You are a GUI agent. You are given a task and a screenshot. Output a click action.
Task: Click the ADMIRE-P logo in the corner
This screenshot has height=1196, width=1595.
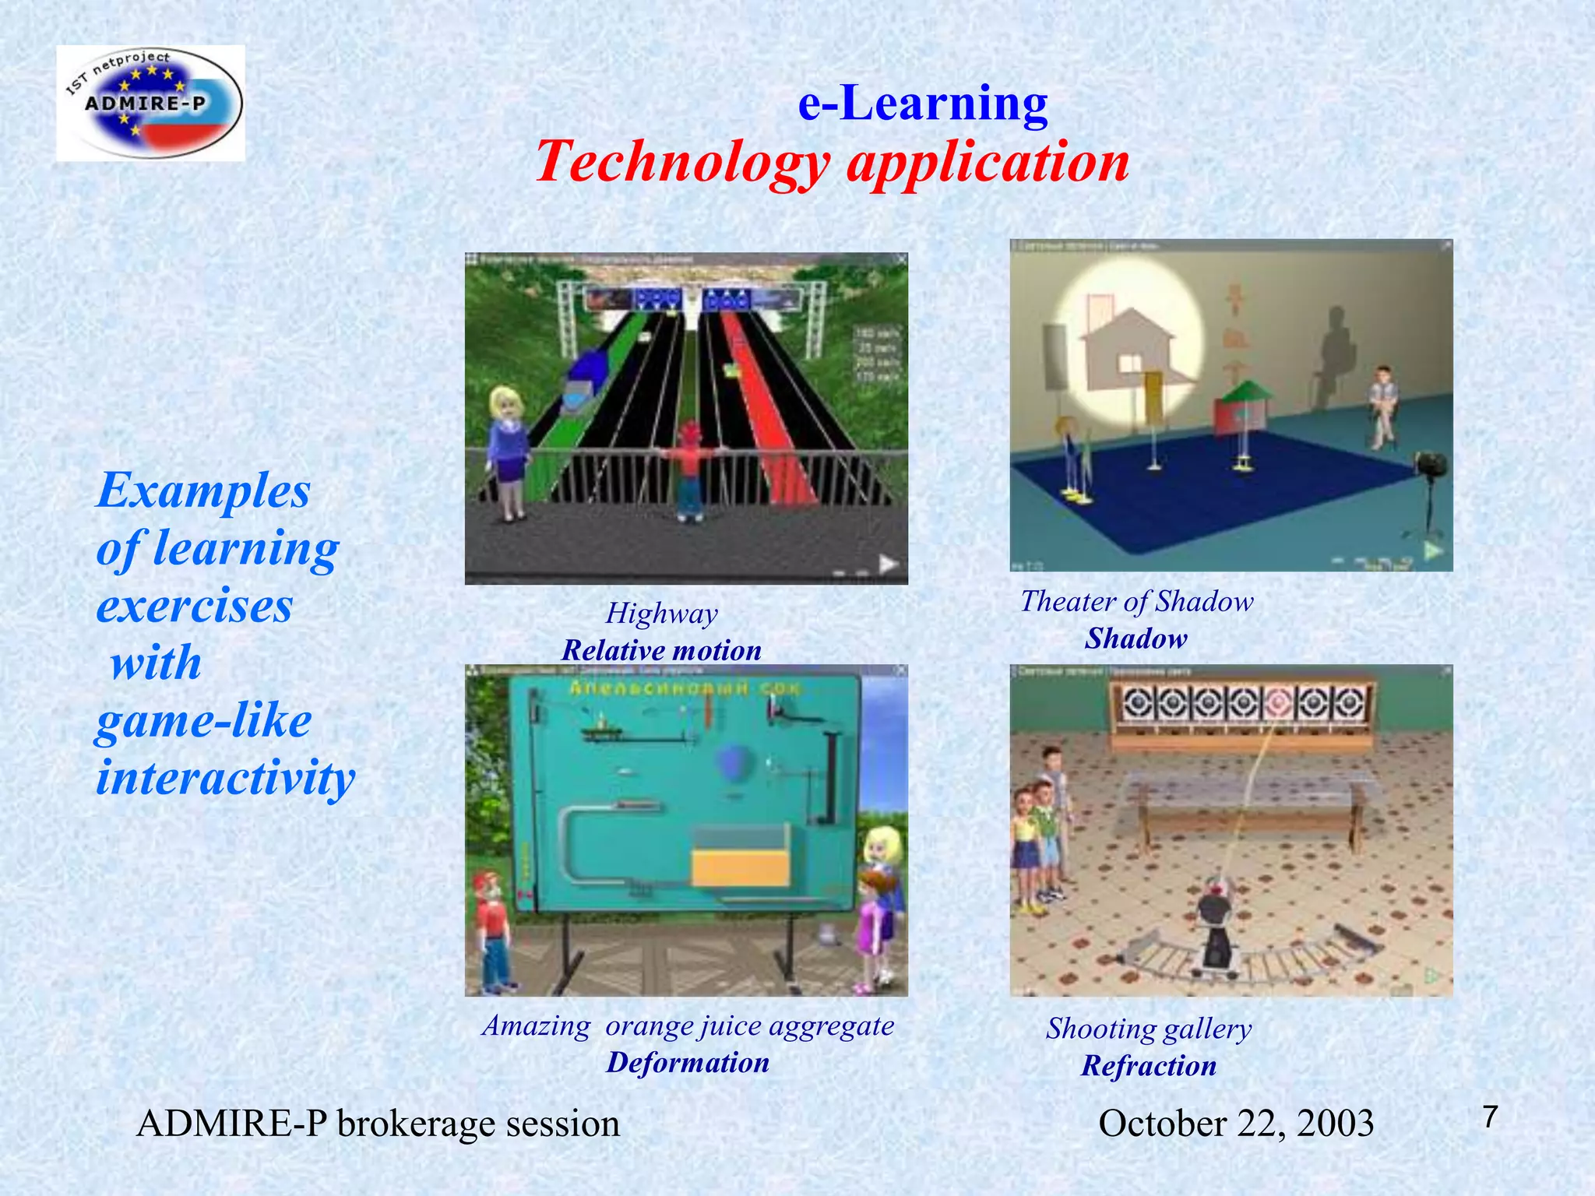[x=150, y=103]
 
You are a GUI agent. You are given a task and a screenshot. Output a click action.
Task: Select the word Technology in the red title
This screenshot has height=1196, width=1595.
[x=683, y=162]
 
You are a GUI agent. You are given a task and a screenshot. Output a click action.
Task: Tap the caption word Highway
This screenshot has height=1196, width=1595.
[x=661, y=614]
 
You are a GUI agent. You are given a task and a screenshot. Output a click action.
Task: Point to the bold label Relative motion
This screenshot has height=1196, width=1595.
[x=661, y=650]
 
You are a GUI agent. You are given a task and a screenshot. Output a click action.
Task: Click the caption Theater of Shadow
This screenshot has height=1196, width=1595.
[x=1136, y=601]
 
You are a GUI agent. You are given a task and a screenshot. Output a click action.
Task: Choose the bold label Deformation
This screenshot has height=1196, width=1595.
[x=688, y=1063]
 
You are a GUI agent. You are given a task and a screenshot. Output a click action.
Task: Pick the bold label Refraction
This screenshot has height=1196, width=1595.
[x=1149, y=1066]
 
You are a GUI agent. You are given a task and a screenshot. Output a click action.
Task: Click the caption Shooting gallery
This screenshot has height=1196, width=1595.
[x=1149, y=1029]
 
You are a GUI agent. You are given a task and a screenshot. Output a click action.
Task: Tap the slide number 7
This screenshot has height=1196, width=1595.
[x=1490, y=1117]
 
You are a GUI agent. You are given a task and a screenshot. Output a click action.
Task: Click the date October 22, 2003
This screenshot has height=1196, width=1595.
[x=1236, y=1124]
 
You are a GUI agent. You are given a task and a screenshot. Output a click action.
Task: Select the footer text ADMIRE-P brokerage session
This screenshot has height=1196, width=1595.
[x=378, y=1124]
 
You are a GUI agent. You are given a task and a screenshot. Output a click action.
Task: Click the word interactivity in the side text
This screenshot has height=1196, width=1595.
[x=226, y=777]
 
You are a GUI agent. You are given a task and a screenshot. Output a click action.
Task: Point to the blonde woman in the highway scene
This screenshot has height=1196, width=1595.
[x=508, y=452]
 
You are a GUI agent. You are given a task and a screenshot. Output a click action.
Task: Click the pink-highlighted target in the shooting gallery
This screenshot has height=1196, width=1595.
[x=1277, y=704]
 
